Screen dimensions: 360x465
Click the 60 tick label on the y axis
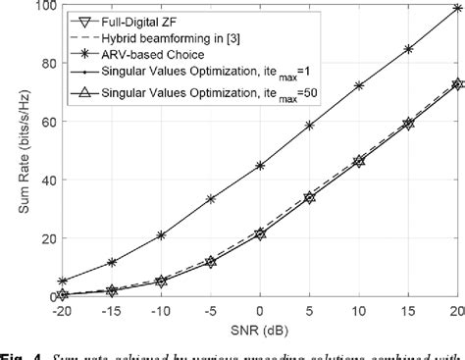39,122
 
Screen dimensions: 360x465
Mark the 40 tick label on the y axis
39,180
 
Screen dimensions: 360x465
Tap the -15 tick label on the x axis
111,310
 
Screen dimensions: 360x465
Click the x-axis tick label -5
210,310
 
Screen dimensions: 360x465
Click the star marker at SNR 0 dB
260,166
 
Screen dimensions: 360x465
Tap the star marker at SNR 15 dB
408,48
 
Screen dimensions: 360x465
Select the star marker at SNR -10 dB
161,235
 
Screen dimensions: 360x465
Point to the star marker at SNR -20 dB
63,281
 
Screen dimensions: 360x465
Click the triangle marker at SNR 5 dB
310,197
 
